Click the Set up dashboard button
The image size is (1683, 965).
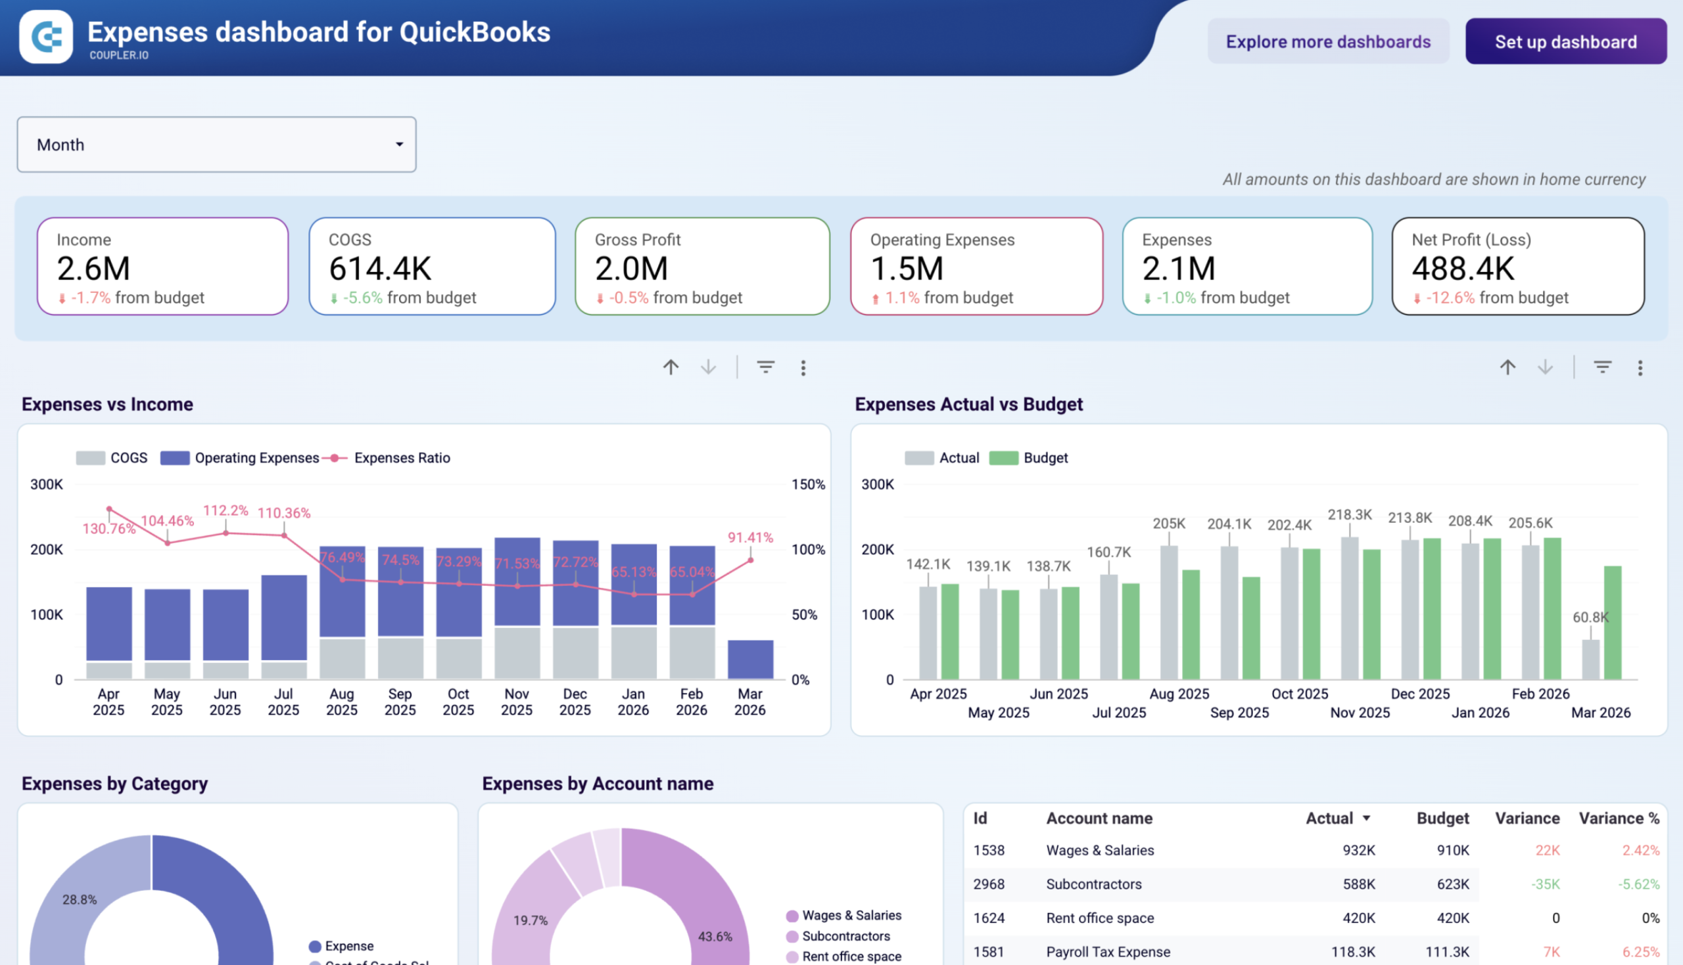[x=1565, y=42]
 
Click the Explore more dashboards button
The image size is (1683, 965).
[x=1327, y=42]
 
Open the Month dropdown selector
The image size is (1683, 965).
[x=216, y=145]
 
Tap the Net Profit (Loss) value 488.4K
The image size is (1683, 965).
[x=1463, y=269]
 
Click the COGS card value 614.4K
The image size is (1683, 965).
[x=380, y=269]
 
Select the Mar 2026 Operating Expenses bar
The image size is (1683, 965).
[x=750, y=659]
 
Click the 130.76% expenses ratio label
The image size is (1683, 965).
[x=108, y=529]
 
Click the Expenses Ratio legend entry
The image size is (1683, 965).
[x=401, y=458]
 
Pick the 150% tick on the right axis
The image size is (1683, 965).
[x=808, y=485]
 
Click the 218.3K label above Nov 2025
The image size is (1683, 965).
[x=1350, y=515]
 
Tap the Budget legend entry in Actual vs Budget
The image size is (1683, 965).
[x=1045, y=458]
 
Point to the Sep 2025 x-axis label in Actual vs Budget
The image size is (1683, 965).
[x=1239, y=713]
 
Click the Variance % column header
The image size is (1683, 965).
[x=1618, y=818]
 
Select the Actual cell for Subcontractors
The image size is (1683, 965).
[x=1358, y=884]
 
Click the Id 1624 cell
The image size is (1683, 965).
[x=989, y=918]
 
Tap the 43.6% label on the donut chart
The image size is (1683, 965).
[x=715, y=937]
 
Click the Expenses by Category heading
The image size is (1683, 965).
[x=114, y=784]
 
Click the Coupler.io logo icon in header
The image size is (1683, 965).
[x=46, y=36]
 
